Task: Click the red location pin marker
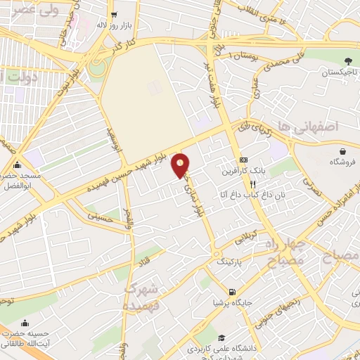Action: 181,165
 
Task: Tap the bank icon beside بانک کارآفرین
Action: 243,160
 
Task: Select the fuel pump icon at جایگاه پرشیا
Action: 231,292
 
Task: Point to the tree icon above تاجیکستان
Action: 349,61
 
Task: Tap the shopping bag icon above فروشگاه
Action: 342,151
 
